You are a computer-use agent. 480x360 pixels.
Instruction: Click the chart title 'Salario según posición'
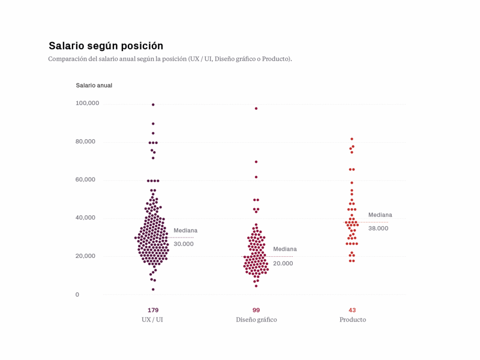[x=106, y=46]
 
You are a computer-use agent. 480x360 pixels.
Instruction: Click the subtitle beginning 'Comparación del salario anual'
[x=170, y=59]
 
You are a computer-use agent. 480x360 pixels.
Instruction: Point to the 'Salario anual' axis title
[x=94, y=85]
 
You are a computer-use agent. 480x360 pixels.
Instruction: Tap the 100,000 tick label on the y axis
[x=87, y=103]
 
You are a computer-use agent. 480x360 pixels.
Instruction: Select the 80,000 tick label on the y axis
[x=87, y=142]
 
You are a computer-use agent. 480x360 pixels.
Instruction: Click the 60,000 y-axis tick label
[x=87, y=179]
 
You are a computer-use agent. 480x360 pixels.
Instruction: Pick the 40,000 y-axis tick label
[x=87, y=217]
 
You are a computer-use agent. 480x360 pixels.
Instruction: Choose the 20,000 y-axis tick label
[x=87, y=256]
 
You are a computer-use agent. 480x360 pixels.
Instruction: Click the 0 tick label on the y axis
[x=77, y=295]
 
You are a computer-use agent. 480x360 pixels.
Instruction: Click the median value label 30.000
[x=184, y=244]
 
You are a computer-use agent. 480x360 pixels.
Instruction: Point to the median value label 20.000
[x=283, y=263]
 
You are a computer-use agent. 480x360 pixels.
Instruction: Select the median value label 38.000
[x=378, y=229]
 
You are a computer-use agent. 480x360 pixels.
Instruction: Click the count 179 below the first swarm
[x=153, y=310]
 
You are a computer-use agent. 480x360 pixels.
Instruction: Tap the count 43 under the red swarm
[x=352, y=310]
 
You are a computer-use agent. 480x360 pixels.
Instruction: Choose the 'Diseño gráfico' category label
[x=256, y=320]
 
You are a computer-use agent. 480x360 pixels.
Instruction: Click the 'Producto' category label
[x=352, y=320]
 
